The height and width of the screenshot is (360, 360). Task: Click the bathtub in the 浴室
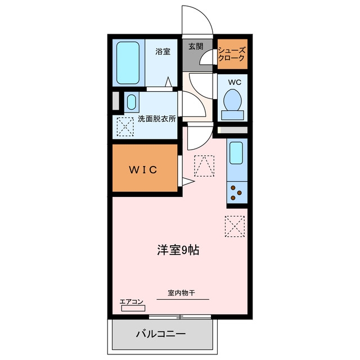pyautogui.click(x=128, y=62)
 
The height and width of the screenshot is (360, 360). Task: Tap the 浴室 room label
pyautogui.click(x=163, y=51)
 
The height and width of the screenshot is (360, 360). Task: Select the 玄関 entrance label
pyautogui.click(x=196, y=46)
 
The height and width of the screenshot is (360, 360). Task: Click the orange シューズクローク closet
pyautogui.click(x=232, y=54)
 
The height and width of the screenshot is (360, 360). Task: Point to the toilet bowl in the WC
pyautogui.click(x=232, y=100)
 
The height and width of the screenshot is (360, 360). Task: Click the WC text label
pyautogui.click(x=235, y=82)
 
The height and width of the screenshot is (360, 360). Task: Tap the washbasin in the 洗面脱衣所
pyautogui.click(x=132, y=102)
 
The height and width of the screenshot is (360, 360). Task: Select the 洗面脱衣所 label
pyautogui.click(x=157, y=119)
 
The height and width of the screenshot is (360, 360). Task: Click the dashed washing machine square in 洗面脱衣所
pyautogui.click(x=125, y=127)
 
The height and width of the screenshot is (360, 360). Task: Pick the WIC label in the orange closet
pyautogui.click(x=143, y=170)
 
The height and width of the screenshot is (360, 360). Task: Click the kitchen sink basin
pyautogui.click(x=236, y=153)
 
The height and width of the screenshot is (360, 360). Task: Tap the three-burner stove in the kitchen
pyautogui.click(x=237, y=192)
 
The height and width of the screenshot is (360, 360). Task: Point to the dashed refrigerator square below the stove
pyautogui.click(x=235, y=226)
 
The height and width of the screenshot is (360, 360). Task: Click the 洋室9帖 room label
pyautogui.click(x=178, y=250)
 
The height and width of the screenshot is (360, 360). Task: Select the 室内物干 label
pyautogui.click(x=181, y=293)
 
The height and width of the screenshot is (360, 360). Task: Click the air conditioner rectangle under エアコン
pyautogui.click(x=133, y=308)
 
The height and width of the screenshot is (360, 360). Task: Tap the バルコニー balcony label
pyautogui.click(x=161, y=334)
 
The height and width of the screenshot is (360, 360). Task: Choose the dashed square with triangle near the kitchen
pyautogui.click(x=204, y=166)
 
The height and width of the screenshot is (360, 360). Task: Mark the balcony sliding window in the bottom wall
pyautogui.click(x=180, y=317)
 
